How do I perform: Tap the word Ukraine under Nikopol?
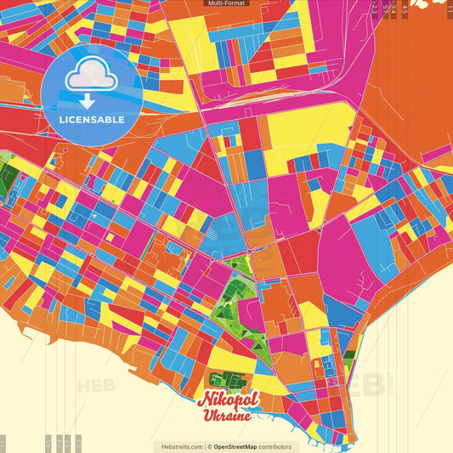(227, 416)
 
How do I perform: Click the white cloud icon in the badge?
(91, 75)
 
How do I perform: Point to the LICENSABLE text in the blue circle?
(91, 119)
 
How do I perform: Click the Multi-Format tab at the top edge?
(226, 3)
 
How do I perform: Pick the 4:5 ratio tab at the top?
(405, 8)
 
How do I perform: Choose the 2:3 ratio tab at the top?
(376, 8)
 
